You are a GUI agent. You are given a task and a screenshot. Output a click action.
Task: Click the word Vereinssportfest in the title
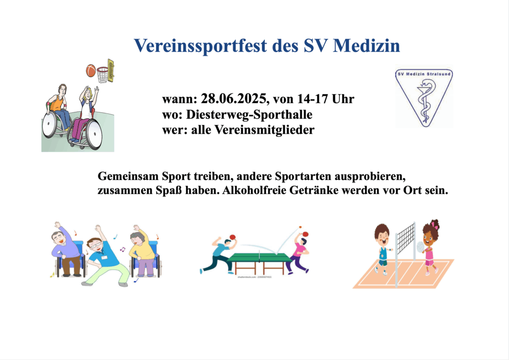click(201, 45)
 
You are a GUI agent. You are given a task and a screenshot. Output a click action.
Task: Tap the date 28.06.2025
click(234, 98)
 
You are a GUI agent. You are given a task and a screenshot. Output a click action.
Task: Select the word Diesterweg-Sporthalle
click(249, 114)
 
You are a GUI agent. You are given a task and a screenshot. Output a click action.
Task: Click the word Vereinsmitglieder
click(264, 130)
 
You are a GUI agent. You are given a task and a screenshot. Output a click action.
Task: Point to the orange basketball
click(91, 71)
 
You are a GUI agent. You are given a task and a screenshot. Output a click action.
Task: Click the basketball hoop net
click(103, 75)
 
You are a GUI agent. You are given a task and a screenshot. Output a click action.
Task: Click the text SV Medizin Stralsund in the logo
click(424, 74)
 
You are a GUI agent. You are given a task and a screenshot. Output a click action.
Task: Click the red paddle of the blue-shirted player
click(233, 237)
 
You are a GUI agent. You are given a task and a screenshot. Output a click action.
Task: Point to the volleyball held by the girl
click(421, 247)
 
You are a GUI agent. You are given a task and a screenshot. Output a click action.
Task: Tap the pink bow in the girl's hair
click(435, 224)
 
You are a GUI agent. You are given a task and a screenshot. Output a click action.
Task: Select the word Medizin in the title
click(366, 45)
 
